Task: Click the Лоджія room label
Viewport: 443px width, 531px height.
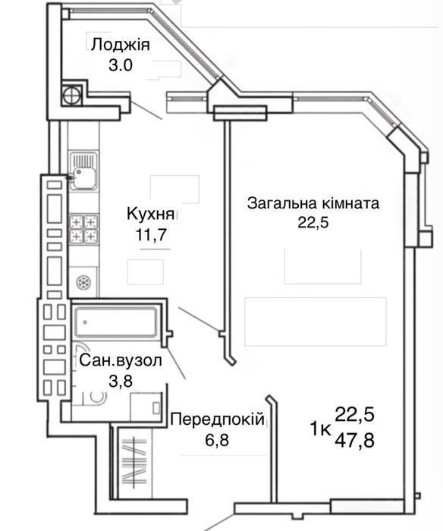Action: [x=121, y=45]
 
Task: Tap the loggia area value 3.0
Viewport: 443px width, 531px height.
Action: [x=121, y=64]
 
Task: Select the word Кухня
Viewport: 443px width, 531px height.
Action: [x=151, y=214]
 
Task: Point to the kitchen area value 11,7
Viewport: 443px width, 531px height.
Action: [x=151, y=234]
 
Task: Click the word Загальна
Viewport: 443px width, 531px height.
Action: [x=282, y=203]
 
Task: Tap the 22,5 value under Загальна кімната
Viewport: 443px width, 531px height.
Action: [x=313, y=223]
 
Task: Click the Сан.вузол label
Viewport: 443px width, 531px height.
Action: [x=121, y=361]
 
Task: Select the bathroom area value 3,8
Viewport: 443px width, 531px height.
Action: [x=121, y=381]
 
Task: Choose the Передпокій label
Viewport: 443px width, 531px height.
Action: [x=217, y=419]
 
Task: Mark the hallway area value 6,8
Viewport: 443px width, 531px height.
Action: [x=217, y=440]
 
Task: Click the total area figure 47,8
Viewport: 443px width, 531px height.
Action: [x=354, y=441]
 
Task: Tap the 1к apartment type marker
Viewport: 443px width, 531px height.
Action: [x=320, y=429]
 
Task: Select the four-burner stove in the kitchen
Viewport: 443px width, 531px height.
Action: [x=83, y=229]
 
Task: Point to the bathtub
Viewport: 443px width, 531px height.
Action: [x=116, y=322]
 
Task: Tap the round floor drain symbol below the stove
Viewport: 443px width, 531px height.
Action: [x=83, y=282]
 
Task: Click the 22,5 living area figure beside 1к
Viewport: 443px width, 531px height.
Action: [x=354, y=414]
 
